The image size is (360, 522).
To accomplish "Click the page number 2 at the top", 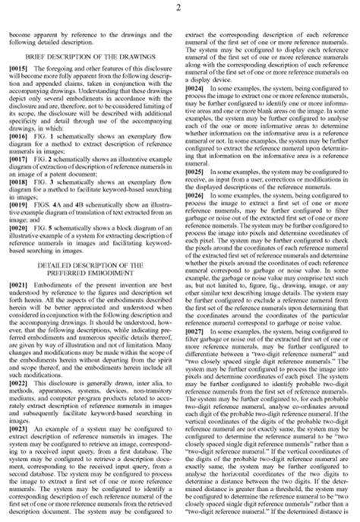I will tap(180, 7).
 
